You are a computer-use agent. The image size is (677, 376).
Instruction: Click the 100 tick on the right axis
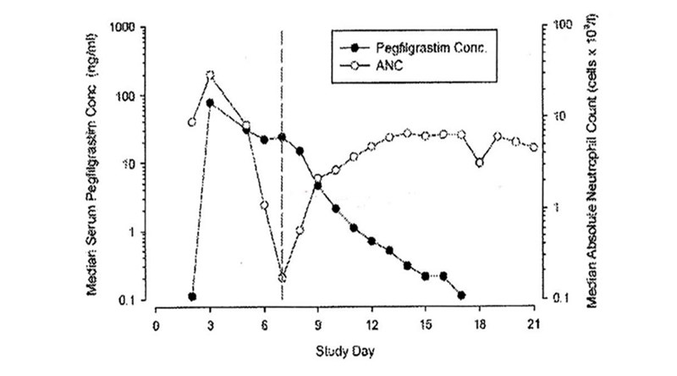(x=555, y=25)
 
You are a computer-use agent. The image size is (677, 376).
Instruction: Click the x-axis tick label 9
(x=318, y=323)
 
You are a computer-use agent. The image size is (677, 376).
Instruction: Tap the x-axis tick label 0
(x=156, y=323)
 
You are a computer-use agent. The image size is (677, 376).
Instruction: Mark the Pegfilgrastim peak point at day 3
(x=210, y=103)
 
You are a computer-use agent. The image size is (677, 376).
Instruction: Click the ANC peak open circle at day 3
(x=211, y=75)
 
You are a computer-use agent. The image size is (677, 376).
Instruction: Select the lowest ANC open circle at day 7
(x=283, y=278)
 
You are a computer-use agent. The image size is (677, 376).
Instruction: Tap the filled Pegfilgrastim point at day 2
(x=192, y=296)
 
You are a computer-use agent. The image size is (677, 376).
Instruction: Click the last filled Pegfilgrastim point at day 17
(x=461, y=295)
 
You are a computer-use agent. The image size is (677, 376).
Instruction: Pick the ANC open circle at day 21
(x=533, y=147)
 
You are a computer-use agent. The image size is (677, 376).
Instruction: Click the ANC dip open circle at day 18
(x=480, y=163)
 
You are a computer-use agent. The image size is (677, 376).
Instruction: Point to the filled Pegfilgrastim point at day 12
(x=372, y=241)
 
